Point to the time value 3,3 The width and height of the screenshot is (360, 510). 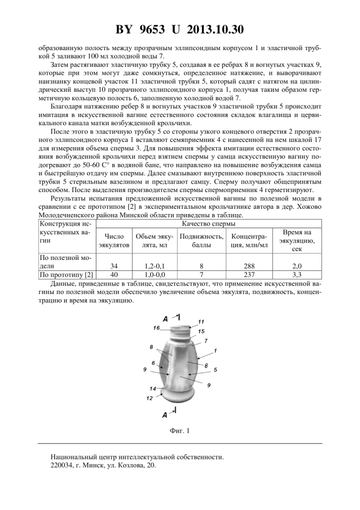coord(298,275)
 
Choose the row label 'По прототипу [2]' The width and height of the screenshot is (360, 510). coord(66,275)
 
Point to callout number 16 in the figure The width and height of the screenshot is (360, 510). coord(156,327)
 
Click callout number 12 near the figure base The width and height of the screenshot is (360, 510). coord(149,398)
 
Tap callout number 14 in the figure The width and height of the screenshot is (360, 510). coord(153,389)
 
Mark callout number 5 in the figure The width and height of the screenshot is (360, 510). coord(215,369)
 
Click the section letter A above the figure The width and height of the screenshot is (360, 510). coord(165,318)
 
